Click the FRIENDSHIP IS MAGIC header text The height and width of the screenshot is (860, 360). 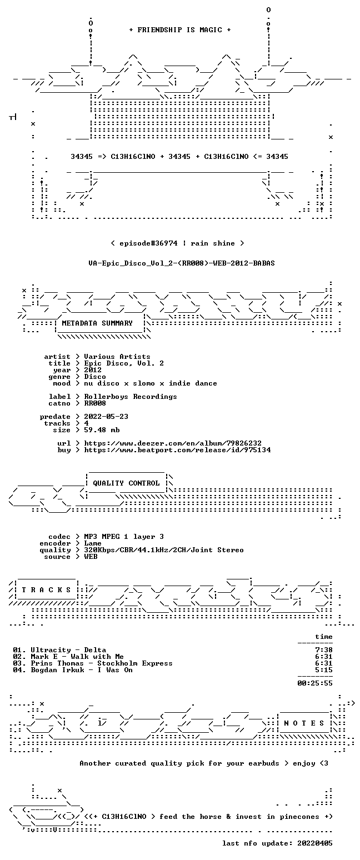click(x=180, y=30)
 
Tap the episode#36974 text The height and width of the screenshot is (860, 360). click(x=148, y=243)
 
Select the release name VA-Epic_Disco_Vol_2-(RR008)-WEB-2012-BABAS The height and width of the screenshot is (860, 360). click(x=182, y=263)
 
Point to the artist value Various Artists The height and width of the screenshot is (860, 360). click(x=117, y=357)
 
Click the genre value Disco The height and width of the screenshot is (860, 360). click(x=95, y=377)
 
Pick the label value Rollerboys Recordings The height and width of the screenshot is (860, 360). click(x=131, y=397)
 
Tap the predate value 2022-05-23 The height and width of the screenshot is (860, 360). click(x=106, y=417)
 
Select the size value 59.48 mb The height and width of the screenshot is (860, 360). click(x=102, y=430)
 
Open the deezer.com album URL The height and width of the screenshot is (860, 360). click(x=173, y=443)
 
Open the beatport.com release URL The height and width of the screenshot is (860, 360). click(x=177, y=450)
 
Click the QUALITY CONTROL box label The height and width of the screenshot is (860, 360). click(x=126, y=483)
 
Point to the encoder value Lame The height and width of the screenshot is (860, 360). click(x=93, y=543)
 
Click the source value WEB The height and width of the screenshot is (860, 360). click(x=91, y=557)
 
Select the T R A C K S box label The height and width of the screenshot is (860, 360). click(x=47, y=590)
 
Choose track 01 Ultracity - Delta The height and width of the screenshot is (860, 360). click(x=59, y=650)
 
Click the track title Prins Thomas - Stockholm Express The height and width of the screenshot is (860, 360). click(x=102, y=663)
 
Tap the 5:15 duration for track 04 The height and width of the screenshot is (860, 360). click(x=323, y=670)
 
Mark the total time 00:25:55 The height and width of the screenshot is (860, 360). click(x=314, y=683)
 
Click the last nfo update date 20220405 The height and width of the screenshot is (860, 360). click(x=314, y=843)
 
